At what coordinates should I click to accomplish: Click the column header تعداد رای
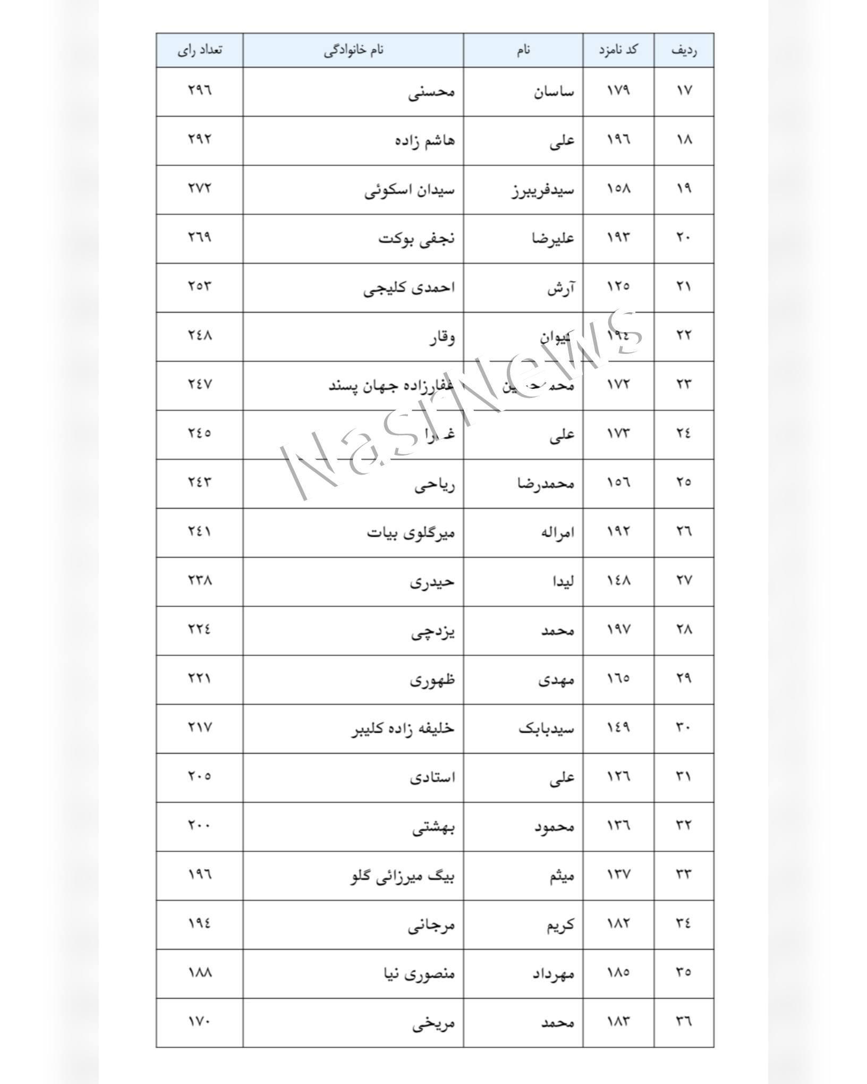pyautogui.click(x=200, y=50)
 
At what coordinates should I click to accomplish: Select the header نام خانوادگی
pyautogui.click(x=354, y=50)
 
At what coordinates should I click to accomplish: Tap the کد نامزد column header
pyautogui.click(x=618, y=50)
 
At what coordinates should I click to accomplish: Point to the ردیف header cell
pyautogui.click(x=684, y=50)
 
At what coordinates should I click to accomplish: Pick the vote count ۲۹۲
pyautogui.click(x=200, y=139)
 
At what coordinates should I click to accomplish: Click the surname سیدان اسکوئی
pyautogui.click(x=410, y=190)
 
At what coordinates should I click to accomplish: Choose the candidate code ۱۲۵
pyautogui.click(x=618, y=287)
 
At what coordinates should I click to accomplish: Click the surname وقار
pyautogui.click(x=442, y=336)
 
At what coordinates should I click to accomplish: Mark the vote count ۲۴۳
pyautogui.click(x=200, y=482)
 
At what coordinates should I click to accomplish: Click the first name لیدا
pyautogui.click(x=563, y=581)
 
